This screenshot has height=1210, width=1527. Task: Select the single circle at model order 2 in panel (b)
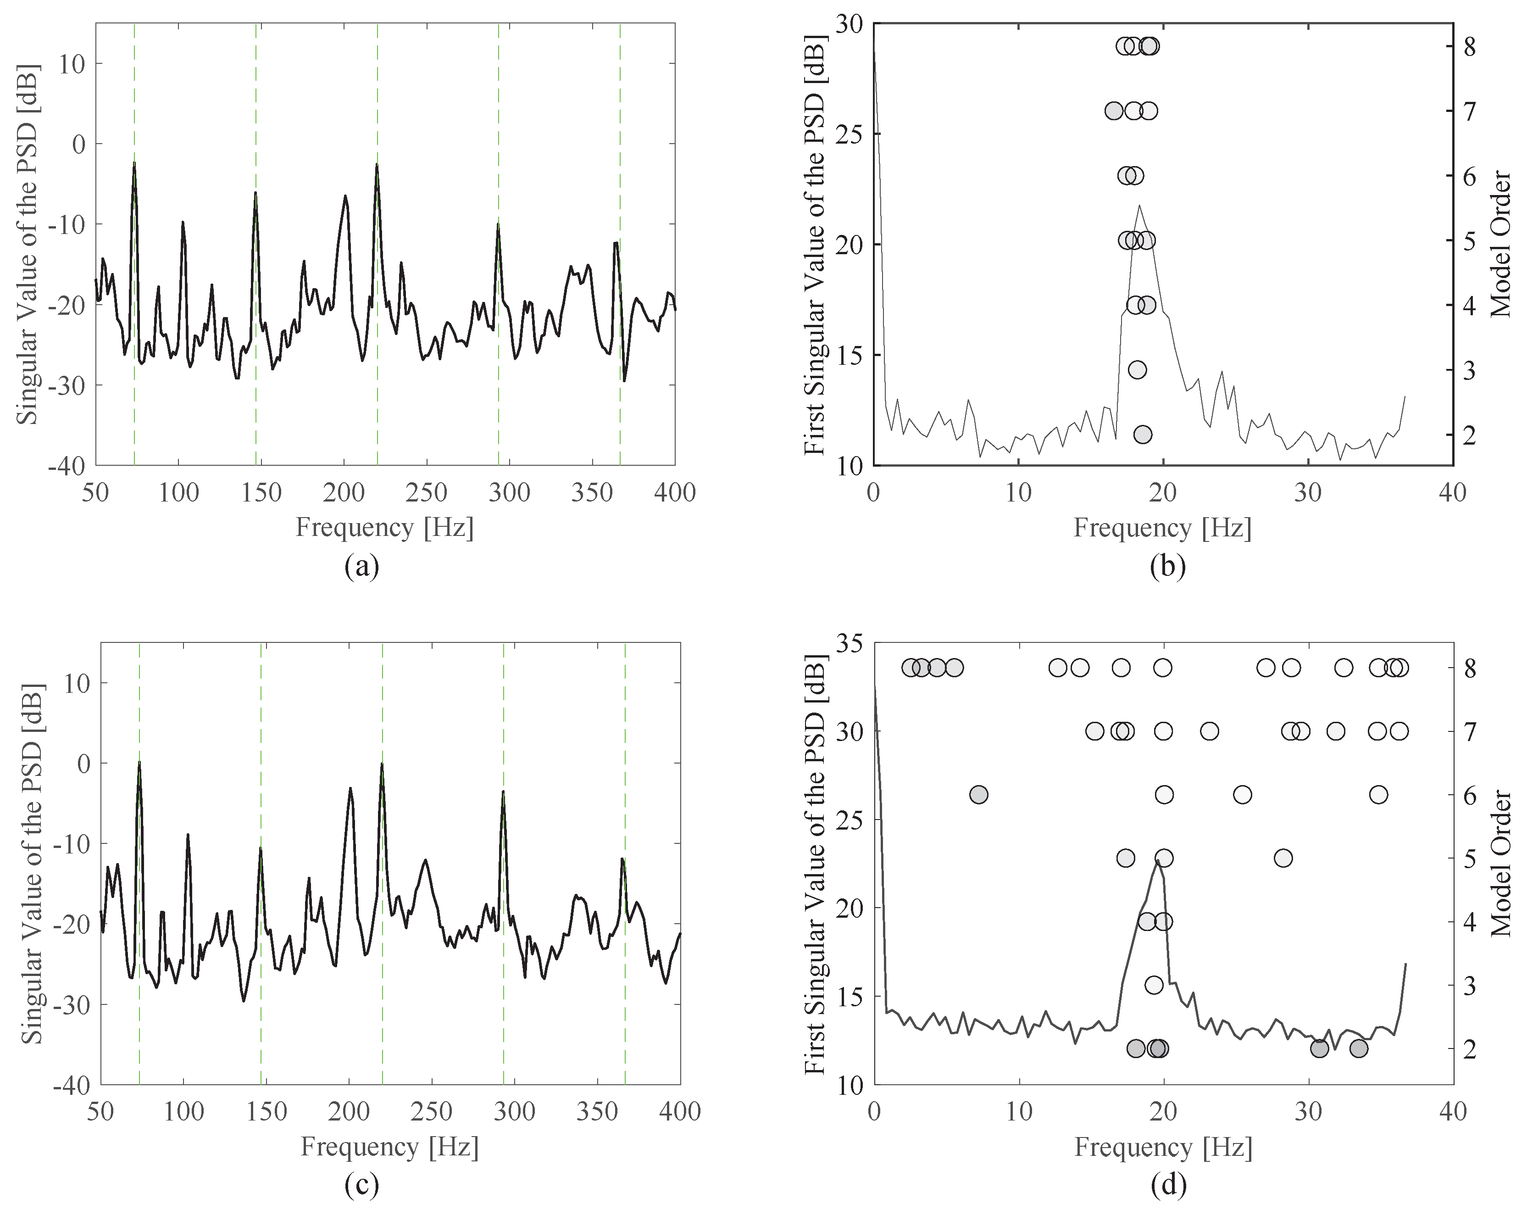point(1143,434)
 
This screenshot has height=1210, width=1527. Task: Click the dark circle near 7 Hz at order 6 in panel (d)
point(979,795)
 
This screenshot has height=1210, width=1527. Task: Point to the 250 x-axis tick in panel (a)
point(427,491)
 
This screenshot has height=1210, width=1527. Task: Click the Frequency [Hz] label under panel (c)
point(389,1146)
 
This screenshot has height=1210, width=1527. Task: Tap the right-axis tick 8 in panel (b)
point(1470,47)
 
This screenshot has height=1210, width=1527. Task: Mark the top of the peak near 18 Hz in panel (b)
point(1139,206)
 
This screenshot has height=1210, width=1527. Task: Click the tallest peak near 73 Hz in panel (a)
point(133,163)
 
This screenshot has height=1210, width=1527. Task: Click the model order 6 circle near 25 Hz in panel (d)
point(1242,795)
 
